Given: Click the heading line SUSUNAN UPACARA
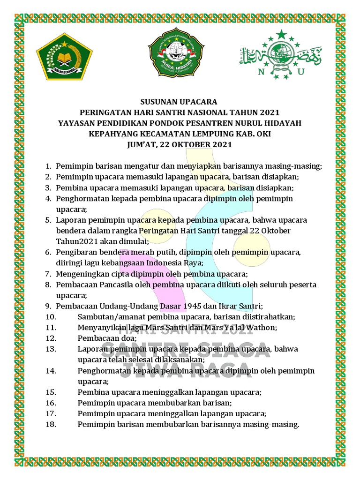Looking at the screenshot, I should tap(180, 102).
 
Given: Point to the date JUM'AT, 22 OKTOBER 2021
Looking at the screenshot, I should tap(180, 144).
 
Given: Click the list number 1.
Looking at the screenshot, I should tap(48, 166).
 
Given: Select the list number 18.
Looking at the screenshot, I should tap(52, 424).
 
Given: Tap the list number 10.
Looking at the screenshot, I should tap(52, 316).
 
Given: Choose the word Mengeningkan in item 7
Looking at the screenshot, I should tap(80, 274).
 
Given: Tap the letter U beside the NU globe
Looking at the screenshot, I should tap(300, 72).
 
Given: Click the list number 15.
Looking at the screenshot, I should tap(52, 392).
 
